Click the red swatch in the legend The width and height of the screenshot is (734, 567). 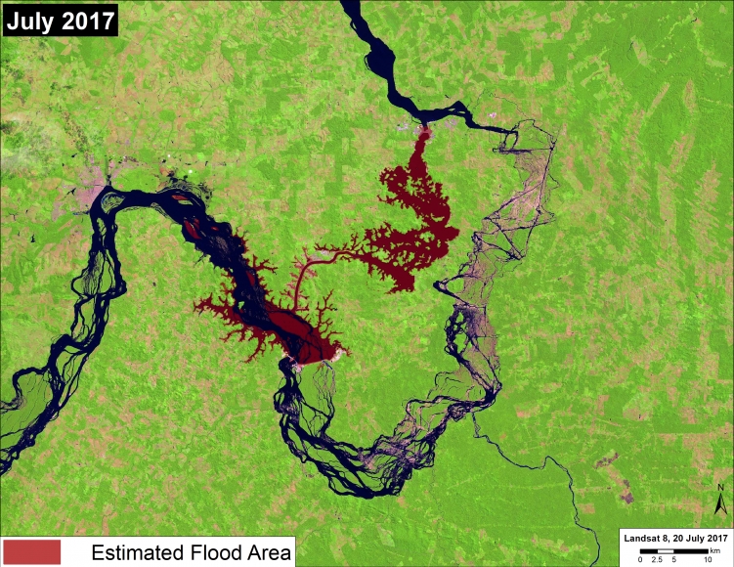pyautogui.click(x=31, y=551)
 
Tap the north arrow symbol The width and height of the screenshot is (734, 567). pyautogui.click(x=719, y=506)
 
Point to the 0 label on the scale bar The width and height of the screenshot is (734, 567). pyautogui.click(x=641, y=558)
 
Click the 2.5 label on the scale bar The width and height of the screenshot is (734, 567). pyautogui.click(x=657, y=558)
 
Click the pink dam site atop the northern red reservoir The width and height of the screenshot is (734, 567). pyautogui.click(x=424, y=129)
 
